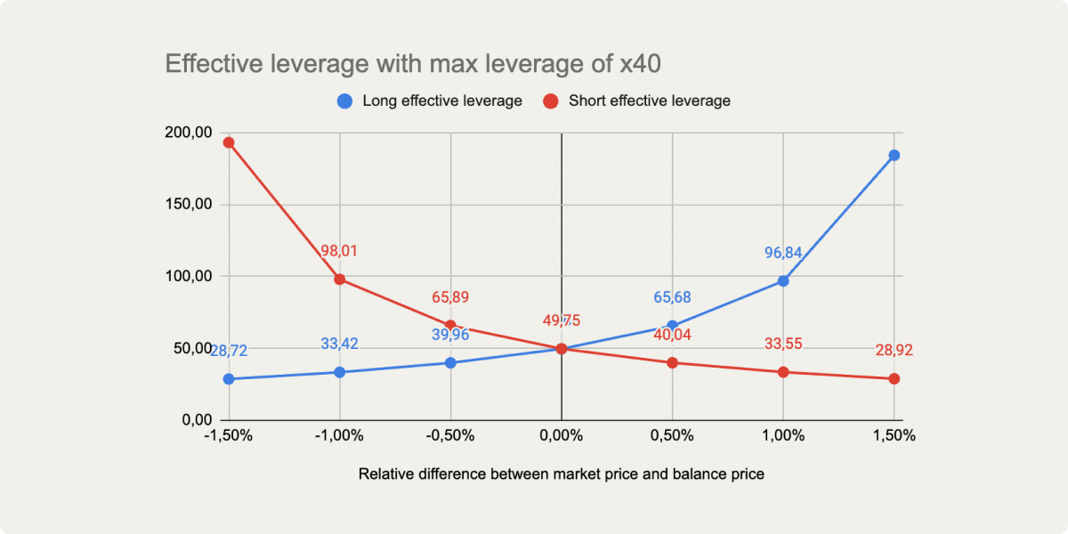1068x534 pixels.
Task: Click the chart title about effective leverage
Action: [413, 64]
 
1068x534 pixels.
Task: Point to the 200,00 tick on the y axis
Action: [189, 133]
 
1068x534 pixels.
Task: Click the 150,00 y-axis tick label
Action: [189, 205]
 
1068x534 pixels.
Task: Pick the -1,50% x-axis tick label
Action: [228, 436]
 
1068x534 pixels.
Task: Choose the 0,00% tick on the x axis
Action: [562, 436]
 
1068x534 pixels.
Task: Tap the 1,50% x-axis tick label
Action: [894, 436]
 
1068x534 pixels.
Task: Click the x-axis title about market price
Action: [561, 474]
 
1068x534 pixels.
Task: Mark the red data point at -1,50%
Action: [229, 142]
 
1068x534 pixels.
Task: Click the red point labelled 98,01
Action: [339, 279]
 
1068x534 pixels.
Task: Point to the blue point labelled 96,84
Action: [783, 281]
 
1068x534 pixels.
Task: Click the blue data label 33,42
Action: [339, 344]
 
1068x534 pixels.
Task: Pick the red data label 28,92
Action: [894, 351]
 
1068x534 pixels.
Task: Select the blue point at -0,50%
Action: [450, 363]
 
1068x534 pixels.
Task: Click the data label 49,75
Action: [562, 321]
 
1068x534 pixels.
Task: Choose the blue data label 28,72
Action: [229, 352]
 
